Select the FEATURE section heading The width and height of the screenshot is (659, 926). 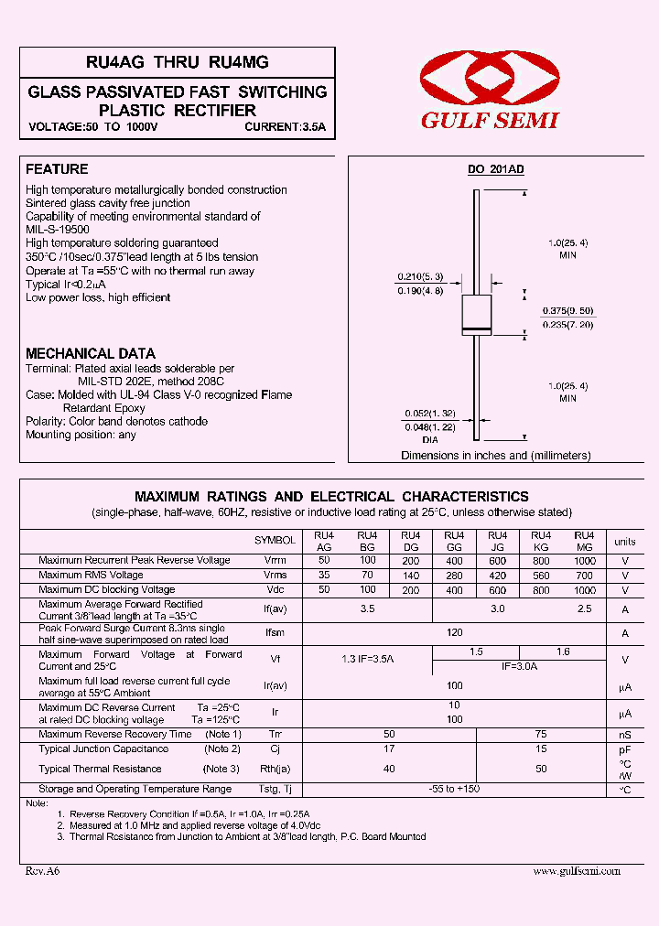click(x=57, y=169)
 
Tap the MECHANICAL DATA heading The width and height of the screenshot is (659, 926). click(x=91, y=353)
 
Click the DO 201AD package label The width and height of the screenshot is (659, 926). click(x=495, y=169)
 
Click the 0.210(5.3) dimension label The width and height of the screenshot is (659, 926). click(x=420, y=276)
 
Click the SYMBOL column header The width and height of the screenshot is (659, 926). click(x=275, y=541)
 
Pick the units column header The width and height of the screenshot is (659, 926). click(x=625, y=542)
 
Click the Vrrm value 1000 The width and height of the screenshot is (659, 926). click(x=585, y=560)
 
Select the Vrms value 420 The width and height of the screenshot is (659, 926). click(x=497, y=576)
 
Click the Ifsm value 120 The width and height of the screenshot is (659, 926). click(x=454, y=633)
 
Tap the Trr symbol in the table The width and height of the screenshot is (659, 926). click(x=275, y=735)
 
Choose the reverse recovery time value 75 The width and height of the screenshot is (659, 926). click(x=541, y=735)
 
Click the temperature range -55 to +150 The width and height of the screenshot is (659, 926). click(x=454, y=789)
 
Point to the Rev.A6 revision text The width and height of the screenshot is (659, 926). click(x=42, y=871)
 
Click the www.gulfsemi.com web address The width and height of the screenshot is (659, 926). click(x=577, y=871)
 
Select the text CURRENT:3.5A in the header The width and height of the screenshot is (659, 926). click(x=285, y=128)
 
